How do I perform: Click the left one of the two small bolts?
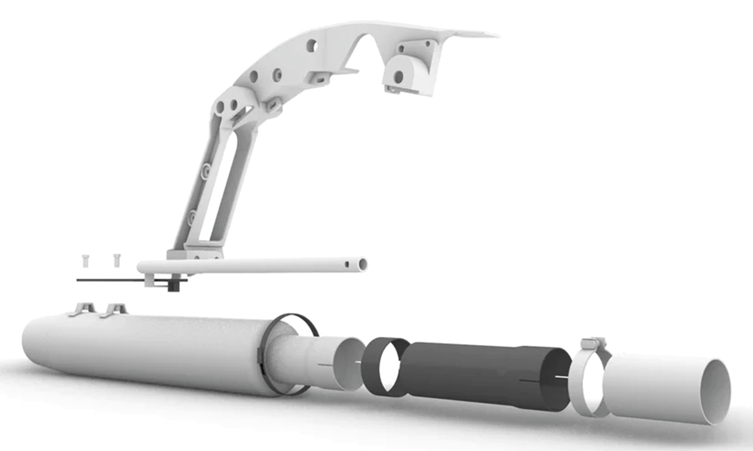[85, 258]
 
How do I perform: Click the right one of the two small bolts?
[116, 258]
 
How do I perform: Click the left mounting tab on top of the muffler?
[83, 309]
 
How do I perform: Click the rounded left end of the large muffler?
[35, 341]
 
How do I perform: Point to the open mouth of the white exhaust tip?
[718, 391]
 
